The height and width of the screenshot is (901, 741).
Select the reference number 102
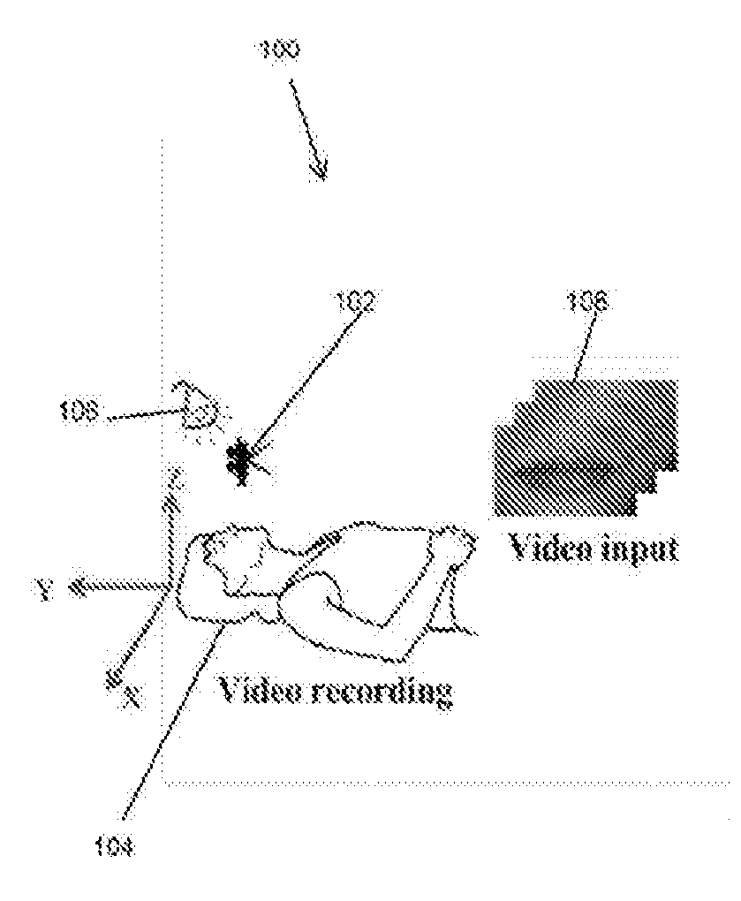tap(357, 303)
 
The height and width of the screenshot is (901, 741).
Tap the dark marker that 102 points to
tap(239, 460)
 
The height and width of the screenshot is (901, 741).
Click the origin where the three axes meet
tap(168, 587)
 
